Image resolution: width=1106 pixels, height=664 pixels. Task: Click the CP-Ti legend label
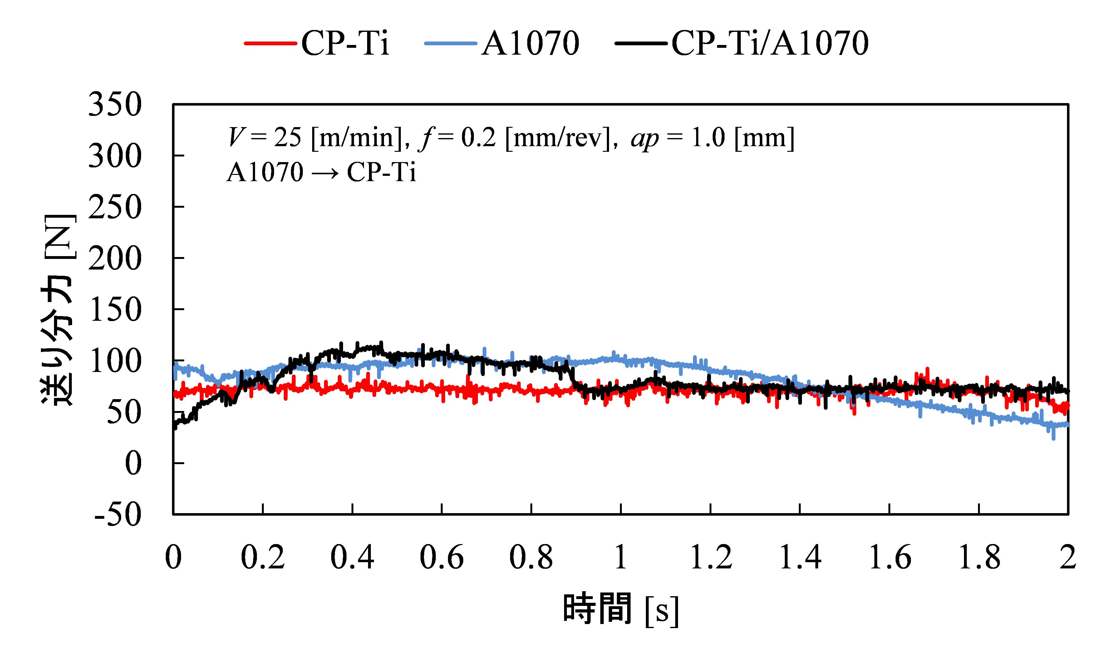(x=345, y=43)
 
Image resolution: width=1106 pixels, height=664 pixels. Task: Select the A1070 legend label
(x=530, y=43)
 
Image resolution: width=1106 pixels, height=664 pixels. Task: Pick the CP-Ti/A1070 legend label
(x=770, y=43)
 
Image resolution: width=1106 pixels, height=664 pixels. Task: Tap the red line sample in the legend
(x=271, y=43)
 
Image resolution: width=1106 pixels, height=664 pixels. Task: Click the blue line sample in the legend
(x=451, y=43)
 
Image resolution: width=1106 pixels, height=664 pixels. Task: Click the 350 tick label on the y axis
(x=115, y=105)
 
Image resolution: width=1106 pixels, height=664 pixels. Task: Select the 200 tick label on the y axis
(x=115, y=259)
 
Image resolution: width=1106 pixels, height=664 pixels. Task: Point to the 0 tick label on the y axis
(x=133, y=463)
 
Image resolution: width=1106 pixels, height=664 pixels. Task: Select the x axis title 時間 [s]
(x=620, y=609)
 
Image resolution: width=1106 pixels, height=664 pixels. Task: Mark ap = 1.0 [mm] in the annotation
(x=712, y=137)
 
